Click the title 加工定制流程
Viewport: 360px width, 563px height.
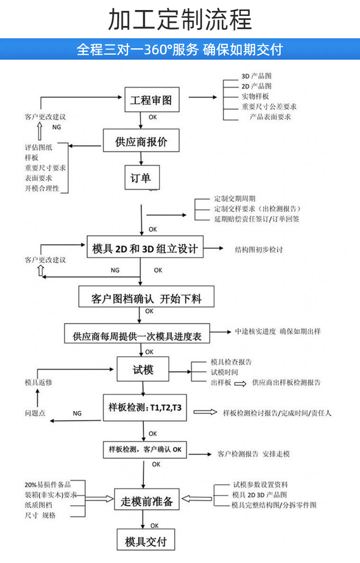pos(180,20)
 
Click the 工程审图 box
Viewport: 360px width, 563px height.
pos(151,100)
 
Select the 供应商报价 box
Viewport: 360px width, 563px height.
pos(141,141)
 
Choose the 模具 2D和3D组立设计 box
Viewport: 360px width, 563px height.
pos(145,249)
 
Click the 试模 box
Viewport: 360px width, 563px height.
pos(143,369)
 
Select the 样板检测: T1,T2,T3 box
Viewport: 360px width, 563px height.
pos(145,407)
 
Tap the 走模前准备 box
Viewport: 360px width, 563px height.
pos(147,502)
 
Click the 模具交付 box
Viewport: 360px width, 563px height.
pos(145,541)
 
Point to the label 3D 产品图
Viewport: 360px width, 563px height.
pos(256,76)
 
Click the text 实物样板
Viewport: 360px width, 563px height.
pos(255,96)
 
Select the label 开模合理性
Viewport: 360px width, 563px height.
pos(42,188)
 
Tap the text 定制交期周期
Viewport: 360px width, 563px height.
pos(234,199)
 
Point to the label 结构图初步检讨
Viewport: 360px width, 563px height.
pos(259,250)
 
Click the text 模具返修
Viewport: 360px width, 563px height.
pos(38,382)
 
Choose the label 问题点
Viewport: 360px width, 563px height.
pos(35,413)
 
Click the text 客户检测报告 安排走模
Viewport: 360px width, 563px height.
pos(253,454)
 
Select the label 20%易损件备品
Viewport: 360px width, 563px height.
pos(47,484)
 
